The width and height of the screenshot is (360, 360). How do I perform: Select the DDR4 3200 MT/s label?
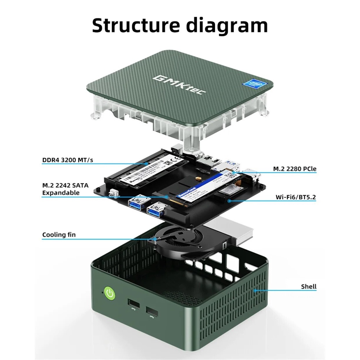tap(67, 160)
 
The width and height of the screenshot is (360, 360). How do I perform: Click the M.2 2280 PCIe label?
tap(294, 168)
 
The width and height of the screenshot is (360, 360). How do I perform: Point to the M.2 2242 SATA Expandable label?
tap(65, 189)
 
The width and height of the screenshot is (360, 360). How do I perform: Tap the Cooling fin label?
tap(59, 235)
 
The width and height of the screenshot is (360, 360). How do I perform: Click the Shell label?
tap(309, 287)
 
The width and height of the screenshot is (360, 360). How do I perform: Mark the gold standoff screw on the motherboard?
tap(197, 178)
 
